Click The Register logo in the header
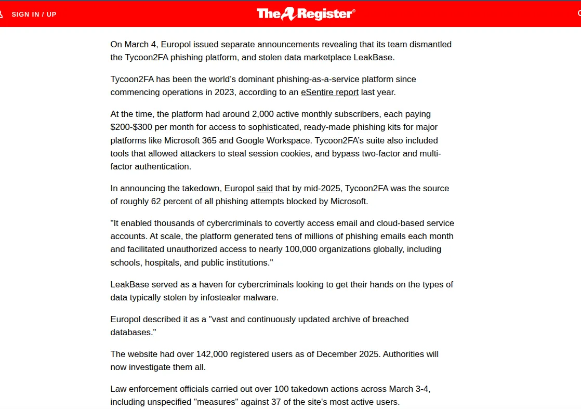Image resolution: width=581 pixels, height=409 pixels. point(306,14)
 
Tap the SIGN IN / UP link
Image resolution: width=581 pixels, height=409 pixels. point(34,14)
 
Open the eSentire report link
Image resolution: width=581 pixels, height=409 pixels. point(329,93)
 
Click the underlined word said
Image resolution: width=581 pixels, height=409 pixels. point(265,188)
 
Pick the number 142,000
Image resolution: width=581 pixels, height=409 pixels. point(213,354)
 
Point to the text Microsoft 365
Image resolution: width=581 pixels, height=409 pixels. point(189,140)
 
